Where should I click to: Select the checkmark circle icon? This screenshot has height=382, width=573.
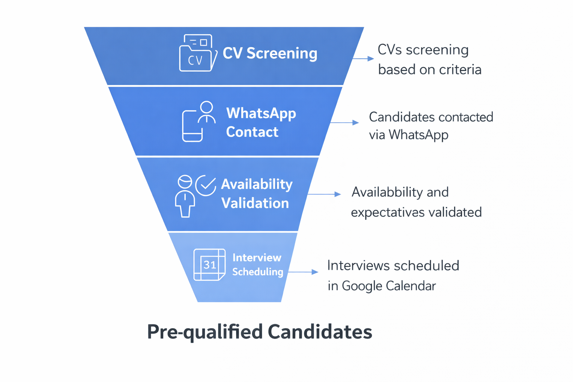tap(206, 185)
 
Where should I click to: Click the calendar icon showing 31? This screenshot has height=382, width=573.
tap(209, 264)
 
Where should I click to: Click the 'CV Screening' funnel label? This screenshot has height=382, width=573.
tap(270, 53)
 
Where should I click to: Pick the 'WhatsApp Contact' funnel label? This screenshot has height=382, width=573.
tap(261, 122)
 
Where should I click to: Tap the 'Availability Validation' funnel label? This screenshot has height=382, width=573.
tap(256, 194)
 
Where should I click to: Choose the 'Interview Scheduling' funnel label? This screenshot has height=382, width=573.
tap(257, 264)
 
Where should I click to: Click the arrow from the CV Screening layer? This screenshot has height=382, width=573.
tap(363, 59)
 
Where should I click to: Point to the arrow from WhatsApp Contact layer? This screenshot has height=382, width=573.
tap(344, 122)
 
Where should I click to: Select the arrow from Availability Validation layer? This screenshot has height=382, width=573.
tap(324, 194)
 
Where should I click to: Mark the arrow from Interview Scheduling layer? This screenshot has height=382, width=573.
tap(303, 272)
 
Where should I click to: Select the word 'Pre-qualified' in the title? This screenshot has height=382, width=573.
tap(205, 332)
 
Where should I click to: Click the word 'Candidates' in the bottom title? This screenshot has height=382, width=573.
tap(320, 332)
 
